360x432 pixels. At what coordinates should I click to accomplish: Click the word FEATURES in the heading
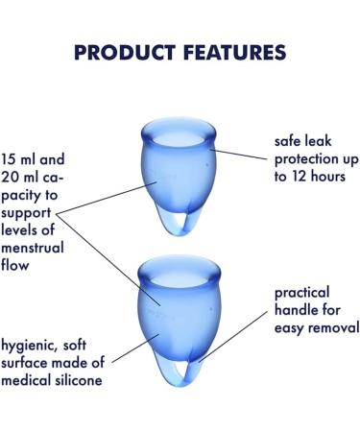pos(237,51)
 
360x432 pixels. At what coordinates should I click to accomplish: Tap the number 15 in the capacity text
pos(12,157)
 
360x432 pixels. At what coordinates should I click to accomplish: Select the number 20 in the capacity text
pos(12,176)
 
